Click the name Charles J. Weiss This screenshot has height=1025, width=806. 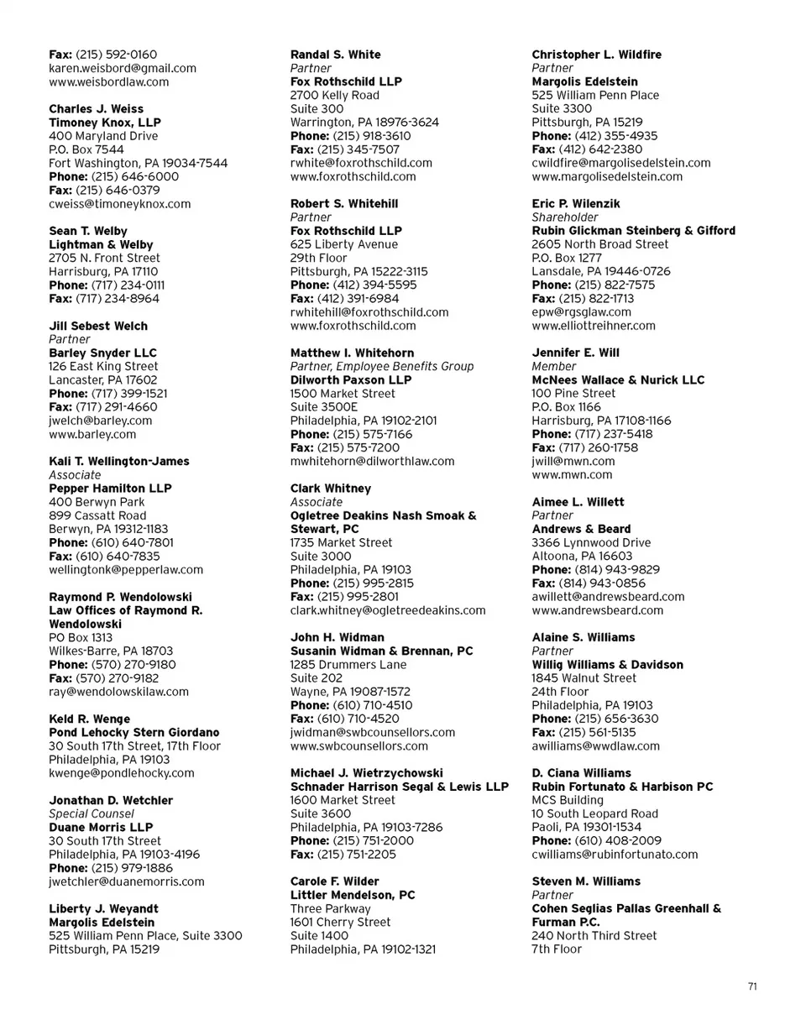[96, 109]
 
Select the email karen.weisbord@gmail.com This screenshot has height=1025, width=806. [123, 68]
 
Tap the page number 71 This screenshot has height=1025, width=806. [752, 986]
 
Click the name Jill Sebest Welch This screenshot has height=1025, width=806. [98, 326]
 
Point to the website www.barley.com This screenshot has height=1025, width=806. [92, 434]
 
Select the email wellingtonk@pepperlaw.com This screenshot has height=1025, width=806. [126, 569]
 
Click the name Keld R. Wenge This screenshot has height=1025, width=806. [90, 719]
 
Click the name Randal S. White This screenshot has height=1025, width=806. [335, 55]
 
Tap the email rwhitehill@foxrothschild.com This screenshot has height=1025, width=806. [369, 311]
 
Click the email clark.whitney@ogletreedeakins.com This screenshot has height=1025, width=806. [388, 610]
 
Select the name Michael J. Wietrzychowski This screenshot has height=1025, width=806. [367, 772]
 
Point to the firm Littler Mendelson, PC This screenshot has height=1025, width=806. [353, 895]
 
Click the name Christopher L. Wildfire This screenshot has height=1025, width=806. [596, 55]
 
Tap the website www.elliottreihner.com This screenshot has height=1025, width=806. [594, 325]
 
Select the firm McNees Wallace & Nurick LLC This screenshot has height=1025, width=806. [619, 379]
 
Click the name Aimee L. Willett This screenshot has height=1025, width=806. [578, 502]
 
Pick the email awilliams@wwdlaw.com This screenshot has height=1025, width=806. [595, 745]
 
